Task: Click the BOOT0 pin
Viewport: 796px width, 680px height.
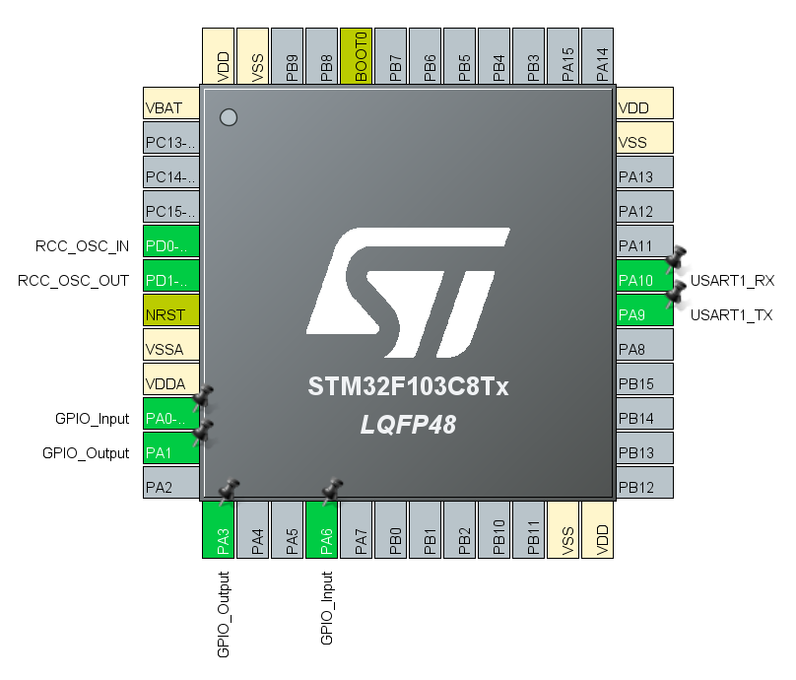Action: click(355, 56)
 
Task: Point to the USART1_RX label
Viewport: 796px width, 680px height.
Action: click(732, 281)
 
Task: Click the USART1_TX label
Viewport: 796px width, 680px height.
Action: click(731, 315)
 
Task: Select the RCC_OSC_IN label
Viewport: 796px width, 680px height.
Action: click(82, 245)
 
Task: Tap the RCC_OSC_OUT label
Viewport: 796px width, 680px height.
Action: click(73, 281)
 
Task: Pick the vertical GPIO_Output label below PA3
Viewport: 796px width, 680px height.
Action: click(223, 614)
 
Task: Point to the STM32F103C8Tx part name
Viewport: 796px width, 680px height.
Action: click(408, 387)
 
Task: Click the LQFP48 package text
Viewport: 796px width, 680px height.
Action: click(408, 425)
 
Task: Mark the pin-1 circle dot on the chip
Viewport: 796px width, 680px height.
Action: click(229, 117)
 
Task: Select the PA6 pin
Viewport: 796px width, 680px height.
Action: click(322, 530)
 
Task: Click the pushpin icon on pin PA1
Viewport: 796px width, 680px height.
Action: click(203, 432)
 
